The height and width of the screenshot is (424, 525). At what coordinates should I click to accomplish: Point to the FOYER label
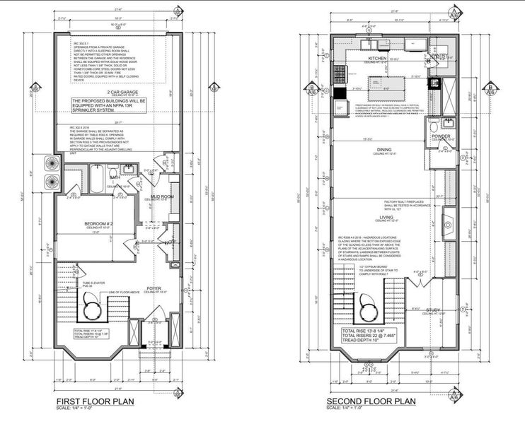pos(154,288)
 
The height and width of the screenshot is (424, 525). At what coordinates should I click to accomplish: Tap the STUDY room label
pos(434,310)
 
